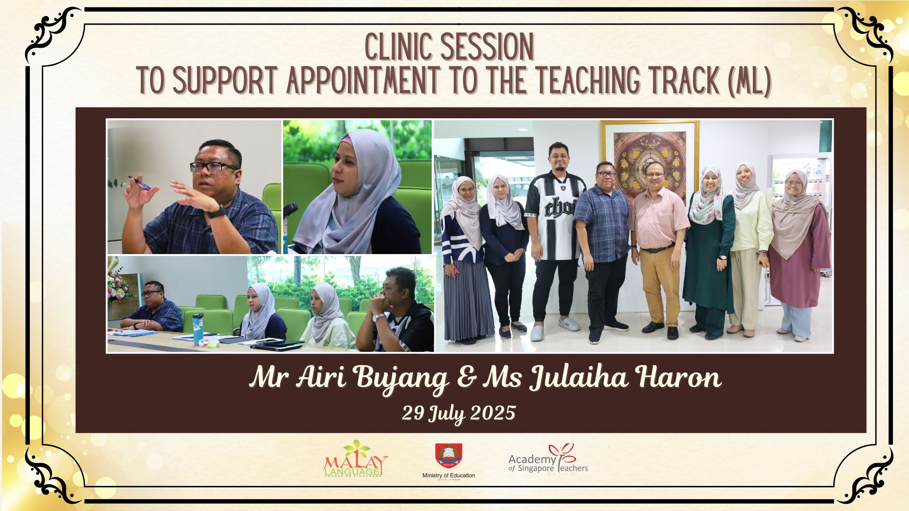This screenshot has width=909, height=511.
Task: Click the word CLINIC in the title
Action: pos(400,48)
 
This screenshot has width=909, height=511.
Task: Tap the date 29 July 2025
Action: pos(458,413)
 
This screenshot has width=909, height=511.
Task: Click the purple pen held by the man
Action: pos(139,183)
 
